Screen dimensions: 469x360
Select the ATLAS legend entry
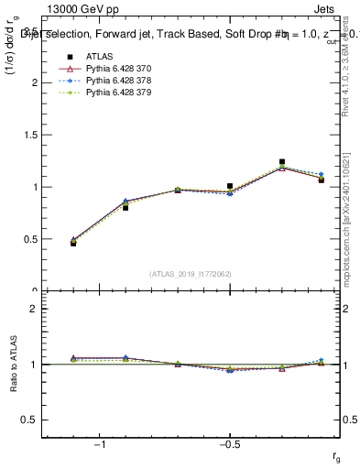point(95,57)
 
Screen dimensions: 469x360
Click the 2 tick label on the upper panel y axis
point(34,82)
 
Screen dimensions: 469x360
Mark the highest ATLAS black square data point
point(282,162)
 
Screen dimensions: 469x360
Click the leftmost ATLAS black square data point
point(73,244)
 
